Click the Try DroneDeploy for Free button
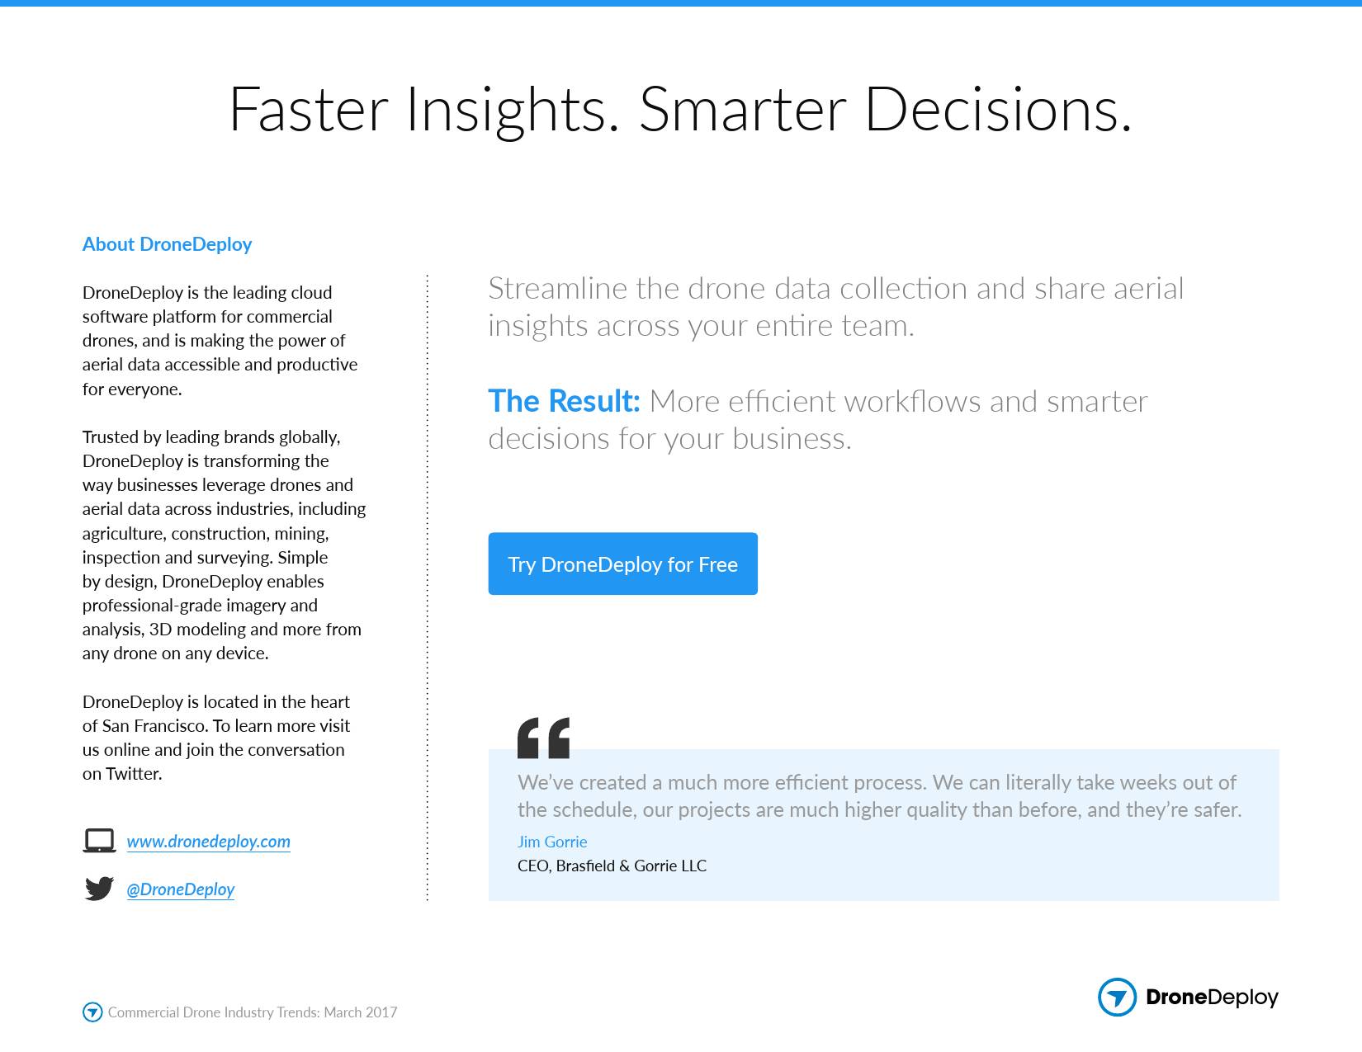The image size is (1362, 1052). tap(622, 564)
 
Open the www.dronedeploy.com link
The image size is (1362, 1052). tap(208, 841)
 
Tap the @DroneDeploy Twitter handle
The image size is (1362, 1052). tap(181, 889)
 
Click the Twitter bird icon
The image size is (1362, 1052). tap(99, 889)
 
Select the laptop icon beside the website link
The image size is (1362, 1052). tap(99, 841)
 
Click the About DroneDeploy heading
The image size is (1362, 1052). tap(167, 243)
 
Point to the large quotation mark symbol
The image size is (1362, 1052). tap(543, 738)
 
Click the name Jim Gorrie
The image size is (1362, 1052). tap(552, 842)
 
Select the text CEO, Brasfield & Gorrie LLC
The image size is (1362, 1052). tap(612, 866)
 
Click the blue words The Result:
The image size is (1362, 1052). tap(564, 401)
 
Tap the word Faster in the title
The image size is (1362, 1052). tap(309, 110)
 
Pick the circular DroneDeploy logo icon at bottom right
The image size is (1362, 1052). tap(1117, 996)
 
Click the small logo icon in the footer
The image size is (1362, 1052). tap(92, 1012)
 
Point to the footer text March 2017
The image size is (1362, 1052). tap(361, 1012)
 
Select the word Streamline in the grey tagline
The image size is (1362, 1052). tap(557, 288)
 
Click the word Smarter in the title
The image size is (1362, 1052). tap(743, 110)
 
